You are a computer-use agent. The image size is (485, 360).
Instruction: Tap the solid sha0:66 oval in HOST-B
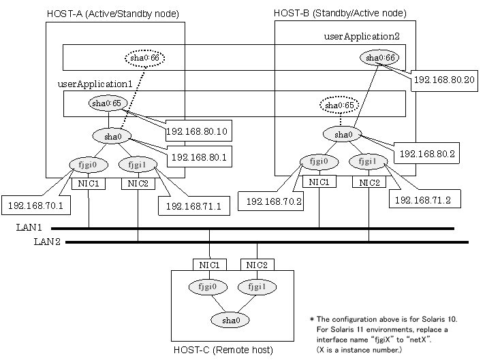381,59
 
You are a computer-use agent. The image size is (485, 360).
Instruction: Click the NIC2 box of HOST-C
257,265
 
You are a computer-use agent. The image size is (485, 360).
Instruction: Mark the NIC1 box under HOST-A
89,184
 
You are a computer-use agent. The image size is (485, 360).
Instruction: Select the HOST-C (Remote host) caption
233,350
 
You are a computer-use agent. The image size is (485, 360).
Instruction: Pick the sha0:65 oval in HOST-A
108,103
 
